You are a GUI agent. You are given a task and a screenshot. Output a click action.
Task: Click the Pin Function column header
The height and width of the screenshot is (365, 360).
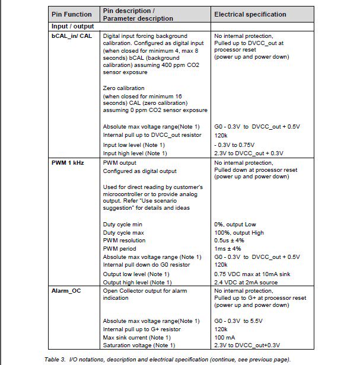coord(72,14)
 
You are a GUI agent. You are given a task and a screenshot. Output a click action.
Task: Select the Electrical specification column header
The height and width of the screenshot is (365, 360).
coord(250,14)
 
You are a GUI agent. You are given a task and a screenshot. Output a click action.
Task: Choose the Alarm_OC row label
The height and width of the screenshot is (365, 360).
coord(66,291)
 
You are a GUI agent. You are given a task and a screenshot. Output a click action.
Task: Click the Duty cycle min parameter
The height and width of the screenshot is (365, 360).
coord(123,225)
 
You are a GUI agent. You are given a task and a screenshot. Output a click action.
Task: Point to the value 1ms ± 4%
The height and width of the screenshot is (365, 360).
coord(228,249)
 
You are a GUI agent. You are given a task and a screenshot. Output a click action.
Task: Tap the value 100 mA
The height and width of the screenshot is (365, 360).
coord(225,337)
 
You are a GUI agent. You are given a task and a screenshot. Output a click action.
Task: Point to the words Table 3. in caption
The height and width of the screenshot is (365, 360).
coord(56,360)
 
